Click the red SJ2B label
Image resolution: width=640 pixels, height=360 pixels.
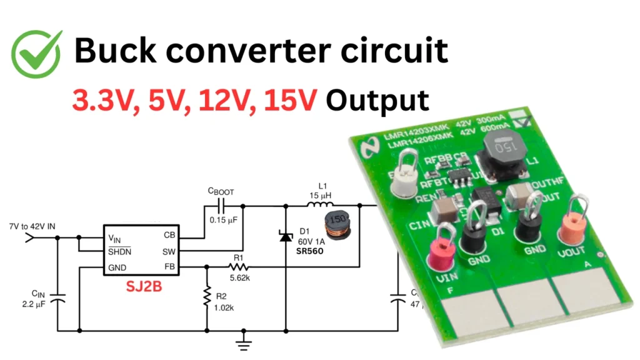pyautogui.click(x=142, y=287)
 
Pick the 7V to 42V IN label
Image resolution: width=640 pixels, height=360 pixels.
pyautogui.click(x=29, y=224)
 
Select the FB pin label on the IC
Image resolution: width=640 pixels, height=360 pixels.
pyautogui.click(x=169, y=267)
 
